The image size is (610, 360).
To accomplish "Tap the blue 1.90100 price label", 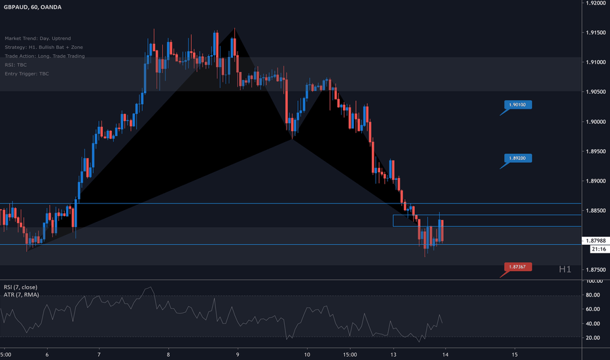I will (519, 104).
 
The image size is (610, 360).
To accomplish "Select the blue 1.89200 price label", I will (519, 158).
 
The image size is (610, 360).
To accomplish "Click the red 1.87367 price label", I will (519, 266).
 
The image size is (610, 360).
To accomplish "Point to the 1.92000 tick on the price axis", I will (595, 3).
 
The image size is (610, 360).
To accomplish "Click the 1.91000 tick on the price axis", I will (595, 63).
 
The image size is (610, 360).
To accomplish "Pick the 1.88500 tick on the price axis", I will (595, 211).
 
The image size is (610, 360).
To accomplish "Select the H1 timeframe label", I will (565, 269).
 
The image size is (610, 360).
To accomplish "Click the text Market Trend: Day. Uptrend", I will (39, 38).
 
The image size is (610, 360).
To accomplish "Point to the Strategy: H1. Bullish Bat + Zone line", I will (44, 47).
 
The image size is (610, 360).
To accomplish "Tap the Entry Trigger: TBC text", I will (26, 73).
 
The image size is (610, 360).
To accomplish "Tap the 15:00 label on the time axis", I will (349, 354).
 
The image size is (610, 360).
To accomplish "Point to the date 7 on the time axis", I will (99, 354).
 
